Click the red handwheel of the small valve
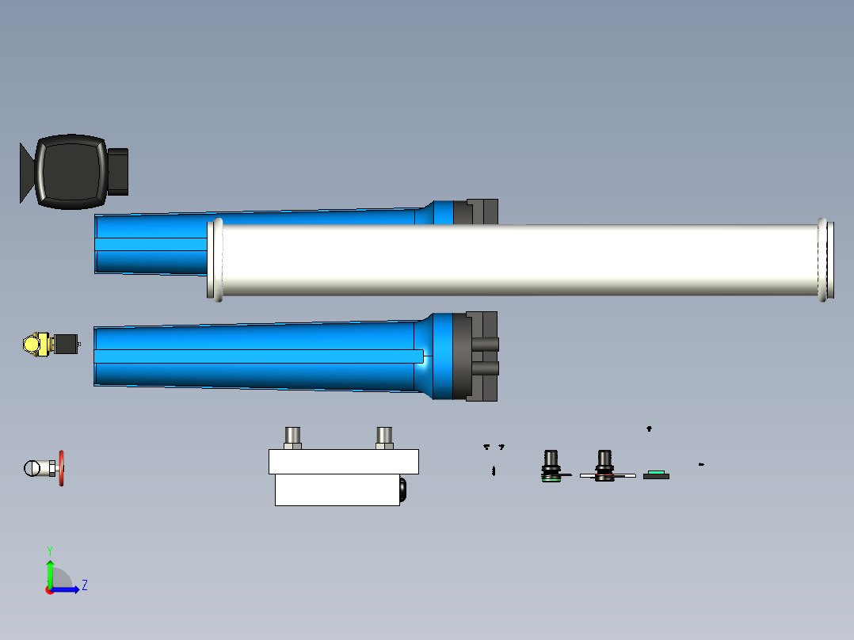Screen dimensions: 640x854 [x=61, y=468]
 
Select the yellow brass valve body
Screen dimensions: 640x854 [x=36, y=345]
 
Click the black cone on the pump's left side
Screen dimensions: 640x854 [x=26, y=173]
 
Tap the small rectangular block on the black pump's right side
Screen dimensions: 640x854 [x=118, y=171]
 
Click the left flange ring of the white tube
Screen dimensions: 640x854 [x=214, y=259]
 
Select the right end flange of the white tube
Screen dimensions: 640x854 [x=825, y=259]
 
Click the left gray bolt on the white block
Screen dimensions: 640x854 [x=292, y=437]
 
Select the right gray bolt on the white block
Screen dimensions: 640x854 [x=384, y=437]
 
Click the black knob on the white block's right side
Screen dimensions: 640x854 [x=402, y=490]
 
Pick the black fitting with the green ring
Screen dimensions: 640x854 [x=551, y=467]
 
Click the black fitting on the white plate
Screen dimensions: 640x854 [x=605, y=467]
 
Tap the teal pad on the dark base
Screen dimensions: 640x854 [x=655, y=473]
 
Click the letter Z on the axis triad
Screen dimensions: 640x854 [x=84, y=585]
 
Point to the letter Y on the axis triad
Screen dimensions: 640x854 [x=49, y=550]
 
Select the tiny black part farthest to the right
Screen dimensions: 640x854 [x=701, y=464]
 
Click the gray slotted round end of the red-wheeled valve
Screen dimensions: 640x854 [x=33, y=468]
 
